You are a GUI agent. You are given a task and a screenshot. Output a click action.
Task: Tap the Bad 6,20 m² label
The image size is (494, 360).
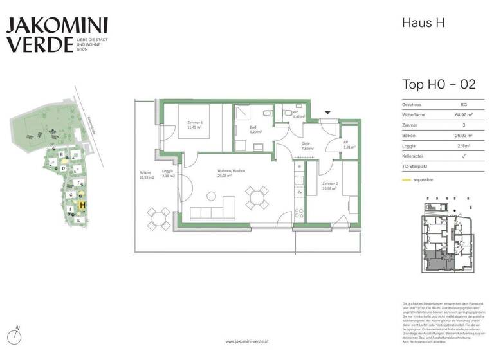pos(254,128)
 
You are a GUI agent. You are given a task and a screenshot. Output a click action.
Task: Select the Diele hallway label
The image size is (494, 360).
pos(306,146)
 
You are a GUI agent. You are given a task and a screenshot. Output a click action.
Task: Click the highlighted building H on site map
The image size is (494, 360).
pos(82,205)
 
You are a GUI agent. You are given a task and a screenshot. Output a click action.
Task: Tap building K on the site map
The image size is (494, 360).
pos(78,221)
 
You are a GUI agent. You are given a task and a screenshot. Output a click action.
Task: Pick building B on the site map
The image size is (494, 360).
pos(62,155)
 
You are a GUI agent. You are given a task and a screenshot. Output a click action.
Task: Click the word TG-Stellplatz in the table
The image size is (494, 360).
pos(416,167)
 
